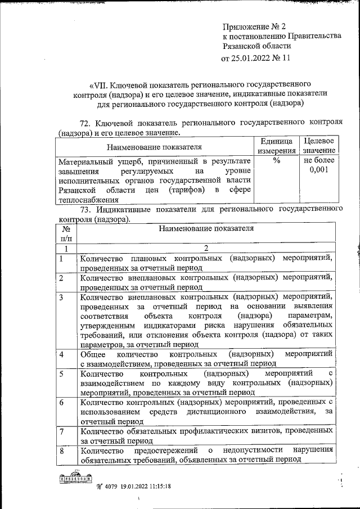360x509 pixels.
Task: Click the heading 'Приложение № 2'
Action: click(x=255, y=26)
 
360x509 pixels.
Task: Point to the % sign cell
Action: click(x=276, y=161)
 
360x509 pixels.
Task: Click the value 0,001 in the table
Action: click(x=319, y=170)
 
